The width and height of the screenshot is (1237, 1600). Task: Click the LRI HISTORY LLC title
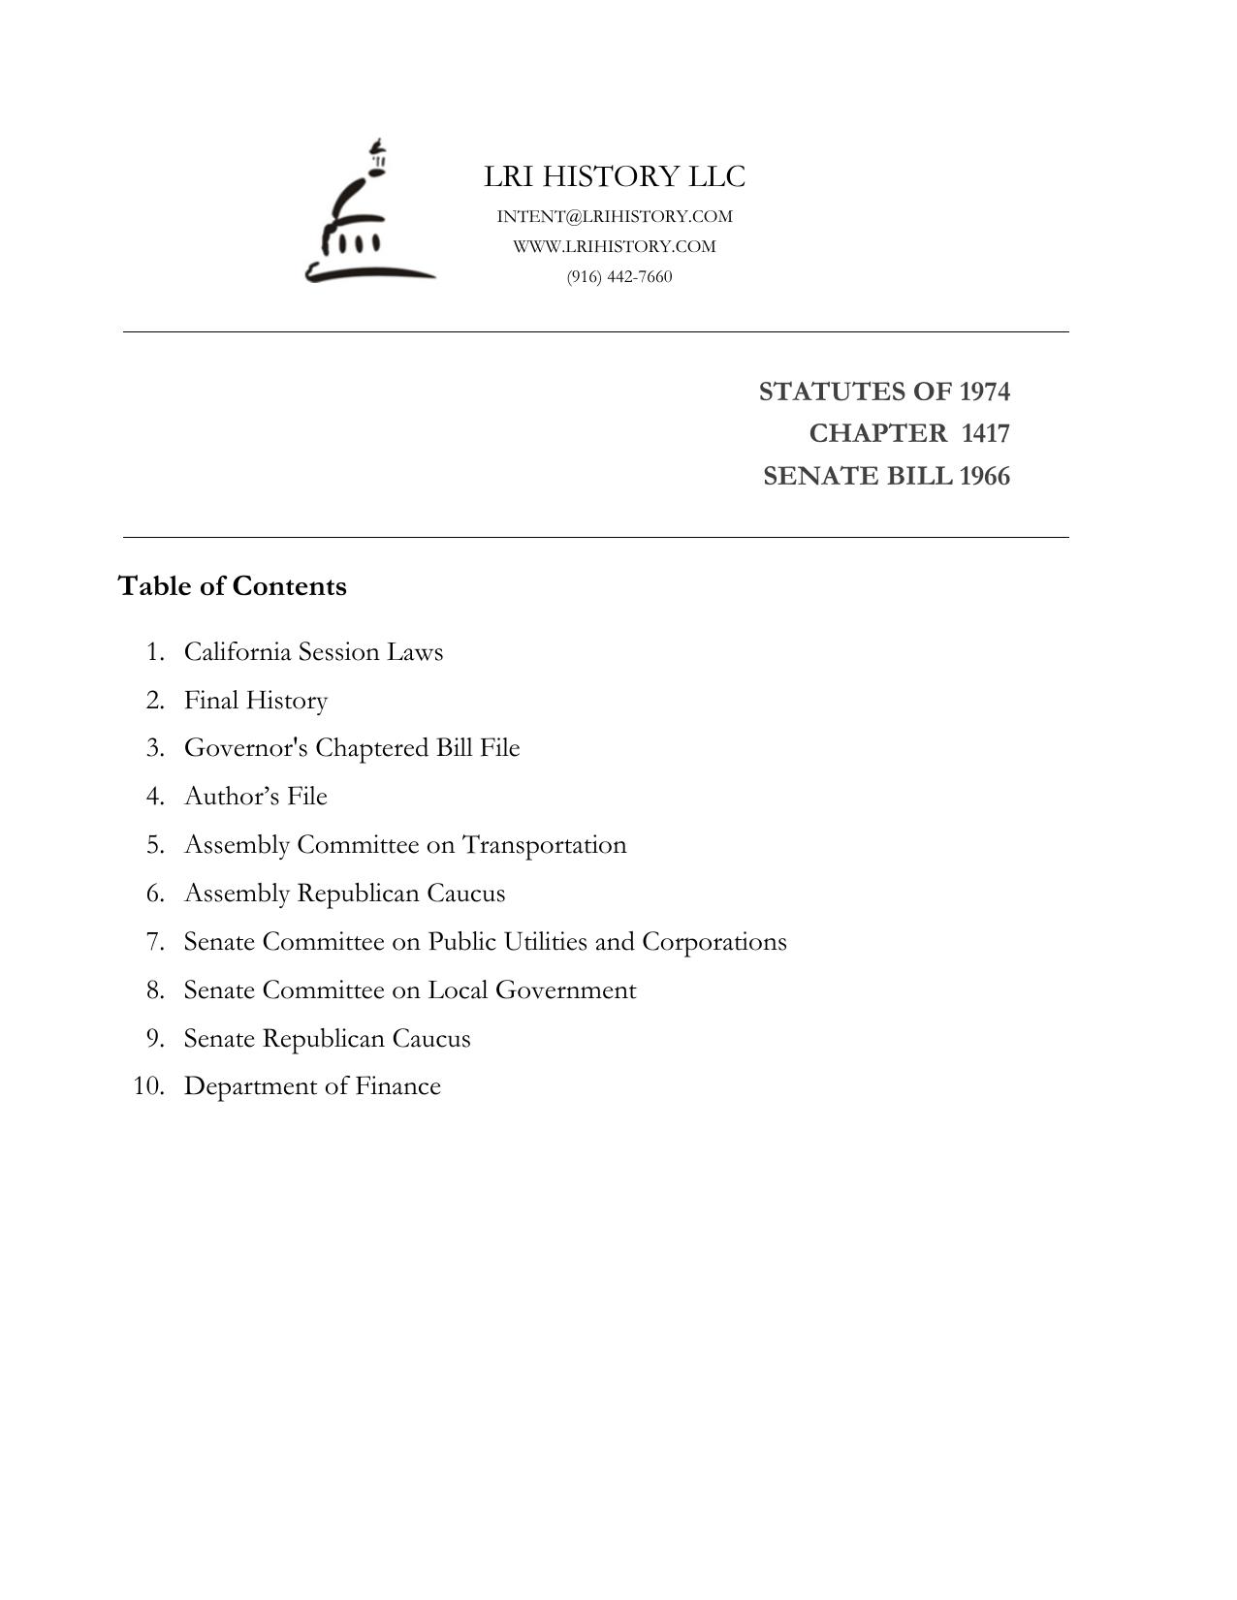pyautogui.click(x=615, y=176)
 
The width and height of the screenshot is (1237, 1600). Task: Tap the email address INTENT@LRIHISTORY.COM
pyautogui.click(x=615, y=216)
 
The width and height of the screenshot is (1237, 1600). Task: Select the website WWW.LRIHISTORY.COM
pyautogui.click(x=615, y=246)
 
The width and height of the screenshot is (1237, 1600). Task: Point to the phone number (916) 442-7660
pyautogui.click(x=619, y=276)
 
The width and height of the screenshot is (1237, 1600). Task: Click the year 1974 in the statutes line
pyautogui.click(x=984, y=392)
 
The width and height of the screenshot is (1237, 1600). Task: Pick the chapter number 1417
pyautogui.click(x=985, y=433)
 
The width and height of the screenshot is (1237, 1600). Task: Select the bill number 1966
pyautogui.click(x=984, y=476)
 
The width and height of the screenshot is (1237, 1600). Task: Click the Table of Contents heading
pyautogui.click(x=232, y=586)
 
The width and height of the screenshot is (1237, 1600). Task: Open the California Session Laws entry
pyautogui.click(x=313, y=651)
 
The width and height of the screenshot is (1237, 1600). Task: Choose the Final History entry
pyautogui.click(x=256, y=700)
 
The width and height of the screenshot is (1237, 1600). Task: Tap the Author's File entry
pyautogui.click(x=256, y=796)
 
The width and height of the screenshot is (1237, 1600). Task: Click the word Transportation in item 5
pyautogui.click(x=544, y=845)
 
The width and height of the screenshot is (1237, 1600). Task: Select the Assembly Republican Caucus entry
pyautogui.click(x=344, y=893)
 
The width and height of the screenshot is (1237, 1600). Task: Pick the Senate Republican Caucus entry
pyautogui.click(x=327, y=1038)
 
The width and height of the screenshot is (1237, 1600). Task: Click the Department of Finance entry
pyautogui.click(x=312, y=1086)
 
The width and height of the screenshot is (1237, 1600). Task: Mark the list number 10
pyautogui.click(x=148, y=1086)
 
